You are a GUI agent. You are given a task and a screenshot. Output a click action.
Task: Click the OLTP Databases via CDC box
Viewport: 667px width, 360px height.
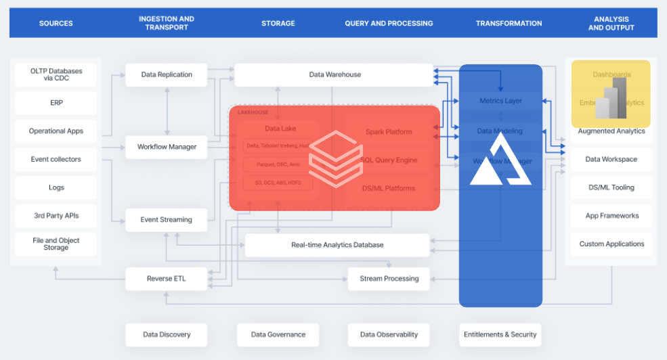click(x=56, y=74)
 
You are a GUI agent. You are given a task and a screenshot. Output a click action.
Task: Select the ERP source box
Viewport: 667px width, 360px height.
click(x=56, y=103)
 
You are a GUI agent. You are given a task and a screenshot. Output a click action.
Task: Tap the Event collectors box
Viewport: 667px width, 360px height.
click(x=56, y=160)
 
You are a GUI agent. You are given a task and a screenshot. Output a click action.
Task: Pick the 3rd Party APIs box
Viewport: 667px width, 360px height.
click(x=56, y=216)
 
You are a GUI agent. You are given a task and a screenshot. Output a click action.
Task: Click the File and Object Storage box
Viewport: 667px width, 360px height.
click(x=56, y=244)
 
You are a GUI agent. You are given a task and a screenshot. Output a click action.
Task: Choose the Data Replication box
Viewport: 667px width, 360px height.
click(x=167, y=74)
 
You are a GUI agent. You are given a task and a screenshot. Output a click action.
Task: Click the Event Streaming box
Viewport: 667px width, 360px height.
click(x=167, y=220)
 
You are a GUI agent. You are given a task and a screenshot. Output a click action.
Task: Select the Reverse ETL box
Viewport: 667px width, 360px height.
click(x=167, y=279)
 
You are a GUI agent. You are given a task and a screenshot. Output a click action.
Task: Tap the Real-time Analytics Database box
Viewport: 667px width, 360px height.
click(x=337, y=245)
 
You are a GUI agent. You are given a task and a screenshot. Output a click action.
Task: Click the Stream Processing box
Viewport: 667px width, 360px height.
click(x=389, y=279)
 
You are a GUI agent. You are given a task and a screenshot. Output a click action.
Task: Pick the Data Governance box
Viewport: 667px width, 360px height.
click(x=278, y=334)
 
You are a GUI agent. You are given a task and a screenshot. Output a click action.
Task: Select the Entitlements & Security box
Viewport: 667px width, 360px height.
click(x=500, y=334)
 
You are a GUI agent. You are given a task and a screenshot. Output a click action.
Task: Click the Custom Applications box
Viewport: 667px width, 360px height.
click(x=611, y=244)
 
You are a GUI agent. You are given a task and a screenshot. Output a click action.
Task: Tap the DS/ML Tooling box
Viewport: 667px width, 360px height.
click(x=611, y=187)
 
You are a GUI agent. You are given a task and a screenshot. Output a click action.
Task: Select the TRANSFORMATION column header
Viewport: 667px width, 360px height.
click(x=509, y=23)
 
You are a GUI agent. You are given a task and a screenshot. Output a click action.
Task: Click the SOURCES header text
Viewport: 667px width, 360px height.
click(x=56, y=23)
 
